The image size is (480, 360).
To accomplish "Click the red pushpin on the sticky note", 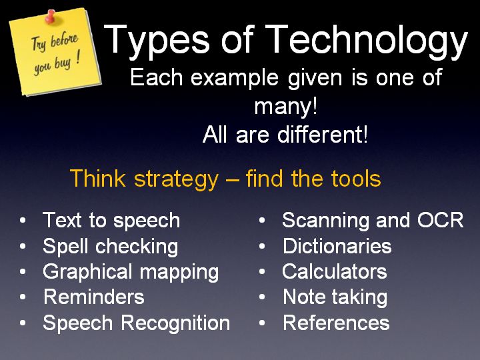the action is click(x=51, y=16).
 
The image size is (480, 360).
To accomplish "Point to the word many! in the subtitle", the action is click(x=285, y=107).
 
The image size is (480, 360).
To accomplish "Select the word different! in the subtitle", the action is click(x=323, y=135).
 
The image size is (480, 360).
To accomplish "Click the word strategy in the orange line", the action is click(x=176, y=179).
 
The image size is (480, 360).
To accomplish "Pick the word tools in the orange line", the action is click(x=356, y=179).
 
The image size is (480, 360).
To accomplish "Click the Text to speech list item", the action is click(x=111, y=221).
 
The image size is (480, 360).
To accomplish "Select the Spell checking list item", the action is click(x=111, y=247).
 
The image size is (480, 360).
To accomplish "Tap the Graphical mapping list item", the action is click(x=131, y=272).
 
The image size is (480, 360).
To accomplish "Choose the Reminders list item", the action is click(x=94, y=297).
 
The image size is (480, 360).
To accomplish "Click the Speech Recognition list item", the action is click(x=137, y=323).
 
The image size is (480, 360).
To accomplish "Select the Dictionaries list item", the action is click(x=337, y=246).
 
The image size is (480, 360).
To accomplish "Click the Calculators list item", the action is click(x=335, y=271).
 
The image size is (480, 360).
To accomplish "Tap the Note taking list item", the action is click(x=335, y=297).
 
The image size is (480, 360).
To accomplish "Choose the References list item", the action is click(x=336, y=323).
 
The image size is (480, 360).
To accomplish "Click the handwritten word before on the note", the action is click(x=64, y=39).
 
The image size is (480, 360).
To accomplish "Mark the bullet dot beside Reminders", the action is click(x=23, y=297).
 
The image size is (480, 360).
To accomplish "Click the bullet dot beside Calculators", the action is click(x=262, y=271).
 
